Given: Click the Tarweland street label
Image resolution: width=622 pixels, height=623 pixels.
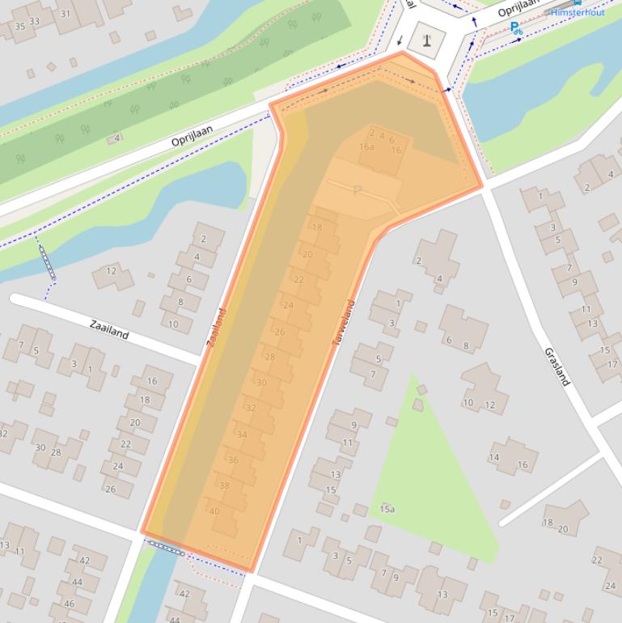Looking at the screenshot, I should click(343, 324).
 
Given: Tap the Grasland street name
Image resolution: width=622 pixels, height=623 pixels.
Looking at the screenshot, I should click(556, 367).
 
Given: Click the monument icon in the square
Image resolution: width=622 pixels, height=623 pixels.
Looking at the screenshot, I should click(425, 37).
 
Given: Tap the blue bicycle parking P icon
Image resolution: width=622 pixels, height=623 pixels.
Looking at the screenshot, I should click(515, 28).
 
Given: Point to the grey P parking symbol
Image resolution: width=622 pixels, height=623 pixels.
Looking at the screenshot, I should click(357, 191).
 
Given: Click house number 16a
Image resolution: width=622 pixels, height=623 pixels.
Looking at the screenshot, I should click(367, 146).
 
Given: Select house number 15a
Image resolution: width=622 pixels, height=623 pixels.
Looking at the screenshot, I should click(387, 509).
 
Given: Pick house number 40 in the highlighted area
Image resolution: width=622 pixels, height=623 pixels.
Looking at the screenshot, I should click(214, 511).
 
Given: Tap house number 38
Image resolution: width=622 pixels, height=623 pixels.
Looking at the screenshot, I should click(224, 485).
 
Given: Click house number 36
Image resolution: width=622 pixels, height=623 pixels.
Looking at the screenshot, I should click(233, 460).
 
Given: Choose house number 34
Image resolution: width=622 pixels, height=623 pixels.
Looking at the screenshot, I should click(242, 434).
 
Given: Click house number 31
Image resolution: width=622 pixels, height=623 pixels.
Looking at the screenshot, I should click(66, 14).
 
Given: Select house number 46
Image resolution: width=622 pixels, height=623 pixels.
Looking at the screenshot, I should click(69, 604).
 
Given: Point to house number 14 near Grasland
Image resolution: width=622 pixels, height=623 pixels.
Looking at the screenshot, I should click(494, 458).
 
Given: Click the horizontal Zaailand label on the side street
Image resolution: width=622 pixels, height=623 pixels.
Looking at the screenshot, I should click(109, 329).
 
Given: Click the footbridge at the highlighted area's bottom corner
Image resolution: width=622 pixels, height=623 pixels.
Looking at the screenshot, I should click(167, 549).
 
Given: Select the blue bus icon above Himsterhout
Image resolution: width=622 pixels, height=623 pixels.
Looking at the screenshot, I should click(578, 2).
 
